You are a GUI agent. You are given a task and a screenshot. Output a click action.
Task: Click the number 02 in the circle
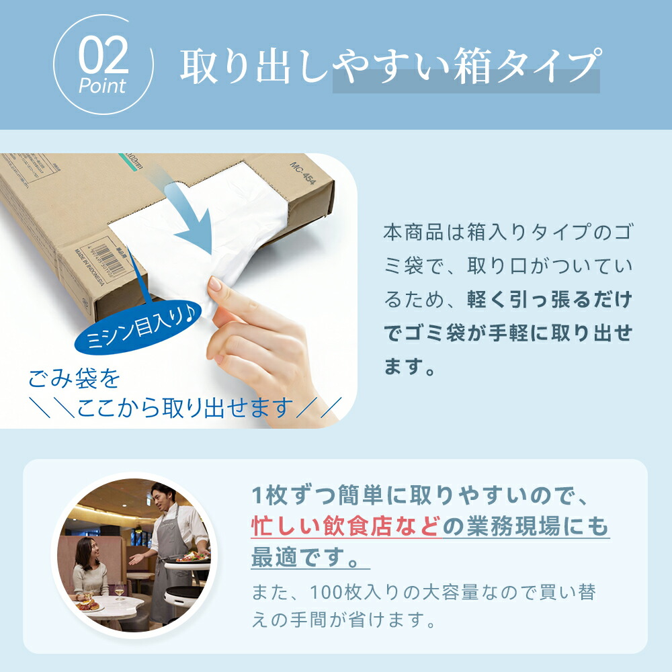103,55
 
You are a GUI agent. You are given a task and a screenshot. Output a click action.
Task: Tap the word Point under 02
102,86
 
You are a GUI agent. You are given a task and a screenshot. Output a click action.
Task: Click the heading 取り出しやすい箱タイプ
390,66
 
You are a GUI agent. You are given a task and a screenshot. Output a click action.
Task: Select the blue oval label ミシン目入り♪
138,327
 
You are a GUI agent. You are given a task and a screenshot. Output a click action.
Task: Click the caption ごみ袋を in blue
74,378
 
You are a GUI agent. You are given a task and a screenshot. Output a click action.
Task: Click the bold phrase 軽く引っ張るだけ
550,299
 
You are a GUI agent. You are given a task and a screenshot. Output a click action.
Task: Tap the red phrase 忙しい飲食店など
346,526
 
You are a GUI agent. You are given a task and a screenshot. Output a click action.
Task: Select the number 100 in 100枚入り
327,593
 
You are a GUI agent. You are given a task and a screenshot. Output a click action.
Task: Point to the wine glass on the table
120,591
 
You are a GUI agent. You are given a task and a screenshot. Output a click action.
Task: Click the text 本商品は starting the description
415,233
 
